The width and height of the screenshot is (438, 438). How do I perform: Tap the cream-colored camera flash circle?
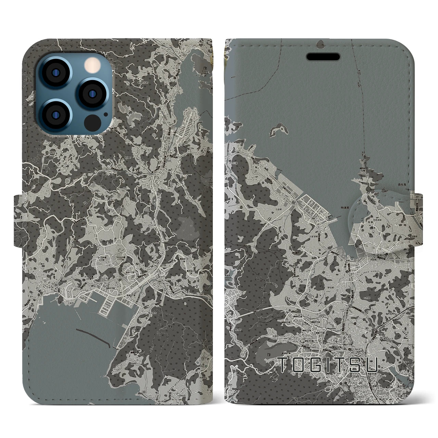tap(92, 64)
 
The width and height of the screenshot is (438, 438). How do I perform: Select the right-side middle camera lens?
tap(91, 93)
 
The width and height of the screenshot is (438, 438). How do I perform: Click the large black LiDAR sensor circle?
tap(91, 121)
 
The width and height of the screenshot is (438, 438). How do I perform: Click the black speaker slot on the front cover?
tap(323, 56)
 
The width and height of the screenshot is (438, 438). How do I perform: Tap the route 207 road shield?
tap(417, 197)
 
